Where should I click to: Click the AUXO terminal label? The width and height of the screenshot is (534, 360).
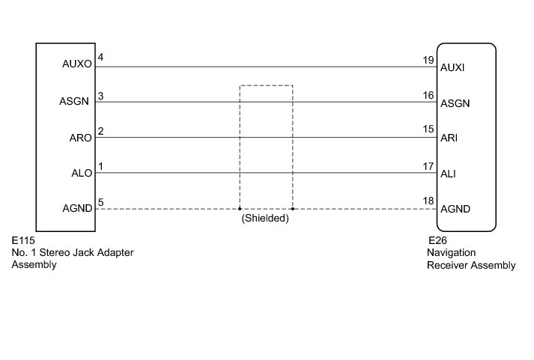tap(77, 65)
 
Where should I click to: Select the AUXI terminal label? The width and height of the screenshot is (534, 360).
tap(454, 67)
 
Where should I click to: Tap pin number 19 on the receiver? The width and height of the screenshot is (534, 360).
tap(428, 60)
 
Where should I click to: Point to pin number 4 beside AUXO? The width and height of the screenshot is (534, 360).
tap(100, 58)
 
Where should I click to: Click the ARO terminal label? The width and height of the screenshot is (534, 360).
tap(80, 137)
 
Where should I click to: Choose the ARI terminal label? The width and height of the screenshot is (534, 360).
tap(449, 139)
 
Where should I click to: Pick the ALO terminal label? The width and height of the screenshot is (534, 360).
tap(80, 173)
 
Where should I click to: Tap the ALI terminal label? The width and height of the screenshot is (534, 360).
tap(449, 174)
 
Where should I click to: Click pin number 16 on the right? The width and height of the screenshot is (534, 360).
tap(428, 95)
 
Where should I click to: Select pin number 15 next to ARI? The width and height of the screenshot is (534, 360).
tap(428, 129)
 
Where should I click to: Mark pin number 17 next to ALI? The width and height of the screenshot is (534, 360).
tap(428, 166)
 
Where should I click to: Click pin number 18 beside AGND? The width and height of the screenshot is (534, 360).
tap(428, 201)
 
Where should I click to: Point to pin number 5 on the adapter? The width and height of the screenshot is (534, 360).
tap(100, 201)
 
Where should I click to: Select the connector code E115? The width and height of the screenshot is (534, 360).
tap(24, 242)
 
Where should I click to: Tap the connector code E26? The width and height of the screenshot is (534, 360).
tap(437, 241)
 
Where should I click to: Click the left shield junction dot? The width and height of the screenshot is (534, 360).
tap(239, 209)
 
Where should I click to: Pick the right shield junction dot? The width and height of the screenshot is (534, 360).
tap(293, 209)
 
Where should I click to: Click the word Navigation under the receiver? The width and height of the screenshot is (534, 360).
tap(445, 253)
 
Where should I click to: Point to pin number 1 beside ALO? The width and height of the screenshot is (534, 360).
tap(100, 166)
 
